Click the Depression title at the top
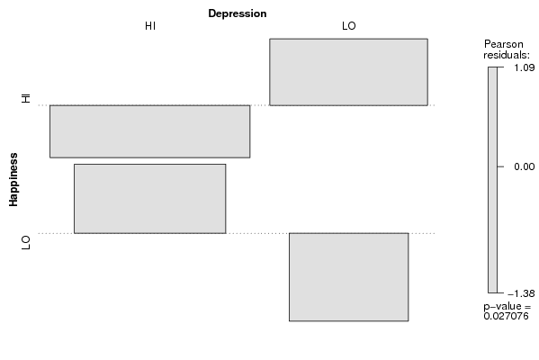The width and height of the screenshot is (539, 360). [238, 13]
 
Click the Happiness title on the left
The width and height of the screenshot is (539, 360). [13, 180]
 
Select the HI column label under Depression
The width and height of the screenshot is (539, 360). [150, 26]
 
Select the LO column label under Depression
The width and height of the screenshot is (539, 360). [349, 26]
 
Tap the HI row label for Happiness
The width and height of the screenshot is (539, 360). [26, 98]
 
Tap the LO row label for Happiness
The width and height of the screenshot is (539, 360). [26, 243]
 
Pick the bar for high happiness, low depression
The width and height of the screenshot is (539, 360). [348, 72]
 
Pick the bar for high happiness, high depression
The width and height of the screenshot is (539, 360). [150, 131]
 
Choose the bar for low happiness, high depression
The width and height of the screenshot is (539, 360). [150, 199]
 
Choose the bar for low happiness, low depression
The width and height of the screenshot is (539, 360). [348, 277]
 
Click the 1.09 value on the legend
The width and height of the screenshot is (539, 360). [525, 67]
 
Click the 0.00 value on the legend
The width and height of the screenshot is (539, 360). [525, 166]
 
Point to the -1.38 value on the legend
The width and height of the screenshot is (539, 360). [521, 293]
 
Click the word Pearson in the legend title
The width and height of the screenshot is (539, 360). [504, 44]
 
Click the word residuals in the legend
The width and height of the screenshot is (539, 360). [507, 55]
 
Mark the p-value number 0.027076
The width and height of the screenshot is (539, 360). [506, 316]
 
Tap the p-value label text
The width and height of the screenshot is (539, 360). [507, 306]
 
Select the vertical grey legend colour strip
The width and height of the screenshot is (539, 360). [492, 180]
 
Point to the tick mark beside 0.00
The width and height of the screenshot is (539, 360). [500, 166]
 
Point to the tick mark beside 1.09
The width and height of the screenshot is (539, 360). [500, 67]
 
